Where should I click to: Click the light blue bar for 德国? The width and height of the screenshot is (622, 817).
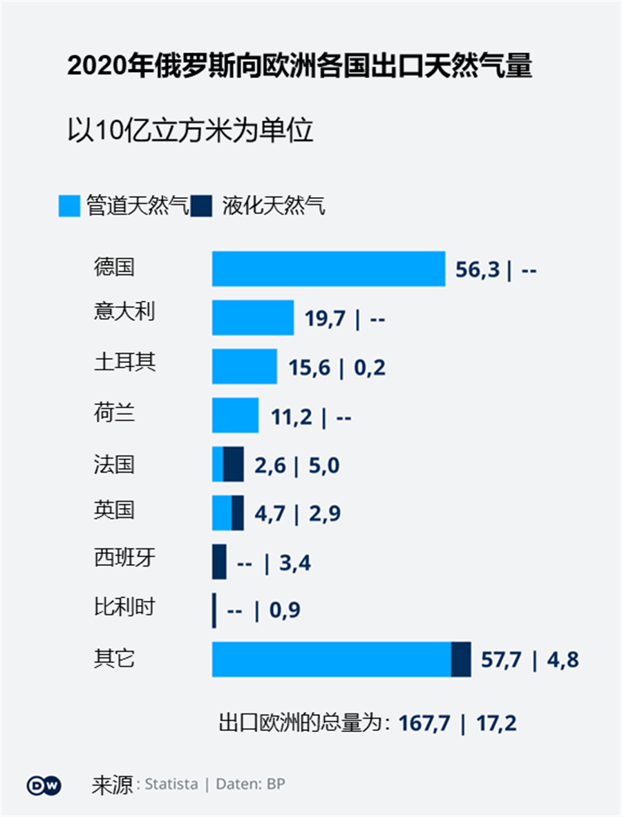click(328, 268)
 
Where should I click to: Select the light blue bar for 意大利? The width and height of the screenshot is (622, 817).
click(253, 317)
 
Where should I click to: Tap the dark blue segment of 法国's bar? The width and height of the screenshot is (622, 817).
click(234, 464)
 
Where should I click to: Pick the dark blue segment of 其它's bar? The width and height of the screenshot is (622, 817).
click(460, 659)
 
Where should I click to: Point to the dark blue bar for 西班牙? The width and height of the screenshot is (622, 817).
click(219, 561)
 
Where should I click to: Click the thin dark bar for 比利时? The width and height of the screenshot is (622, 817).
click(214, 610)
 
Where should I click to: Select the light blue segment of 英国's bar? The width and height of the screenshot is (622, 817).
click(222, 513)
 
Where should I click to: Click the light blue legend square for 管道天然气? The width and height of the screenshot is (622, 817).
click(69, 206)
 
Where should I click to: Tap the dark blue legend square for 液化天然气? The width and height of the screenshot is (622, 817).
click(201, 206)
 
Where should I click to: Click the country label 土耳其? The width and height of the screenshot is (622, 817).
click(124, 361)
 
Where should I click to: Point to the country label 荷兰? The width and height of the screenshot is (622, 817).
click(114, 413)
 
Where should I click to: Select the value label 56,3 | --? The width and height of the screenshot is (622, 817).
click(496, 270)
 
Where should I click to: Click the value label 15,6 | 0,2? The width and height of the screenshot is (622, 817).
click(337, 368)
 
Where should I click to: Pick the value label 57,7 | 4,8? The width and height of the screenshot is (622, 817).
click(529, 660)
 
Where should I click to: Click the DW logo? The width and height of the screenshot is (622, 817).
click(44, 785)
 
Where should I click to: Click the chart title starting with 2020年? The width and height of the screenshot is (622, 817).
click(299, 68)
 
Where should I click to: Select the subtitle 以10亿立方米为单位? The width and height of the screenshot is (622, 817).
click(190, 130)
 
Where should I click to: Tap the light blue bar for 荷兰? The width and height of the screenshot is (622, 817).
click(235, 415)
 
